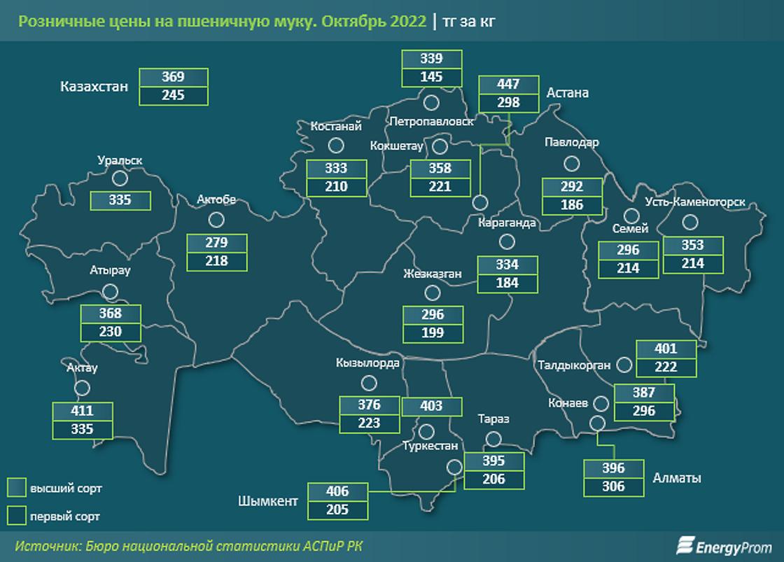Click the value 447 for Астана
click(x=508, y=85)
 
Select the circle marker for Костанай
click(x=336, y=146)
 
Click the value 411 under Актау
click(x=82, y=411)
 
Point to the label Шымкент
click(x=268, y=501)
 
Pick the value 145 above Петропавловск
click(x=432, y=77)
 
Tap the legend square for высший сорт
click(x=17, y=488)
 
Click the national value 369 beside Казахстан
click(x=173, y=77)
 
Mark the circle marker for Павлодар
click(x=573, y=164)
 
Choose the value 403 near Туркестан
click(x=432, y=406)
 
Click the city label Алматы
click(x=677, y=478)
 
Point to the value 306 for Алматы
click(x=613, y=486)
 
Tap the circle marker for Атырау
click(x=110, y=292)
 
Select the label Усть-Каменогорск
click(x=705, y=203)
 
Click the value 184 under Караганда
click(x=507, y=283)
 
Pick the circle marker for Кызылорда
click(x=368, y=383)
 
